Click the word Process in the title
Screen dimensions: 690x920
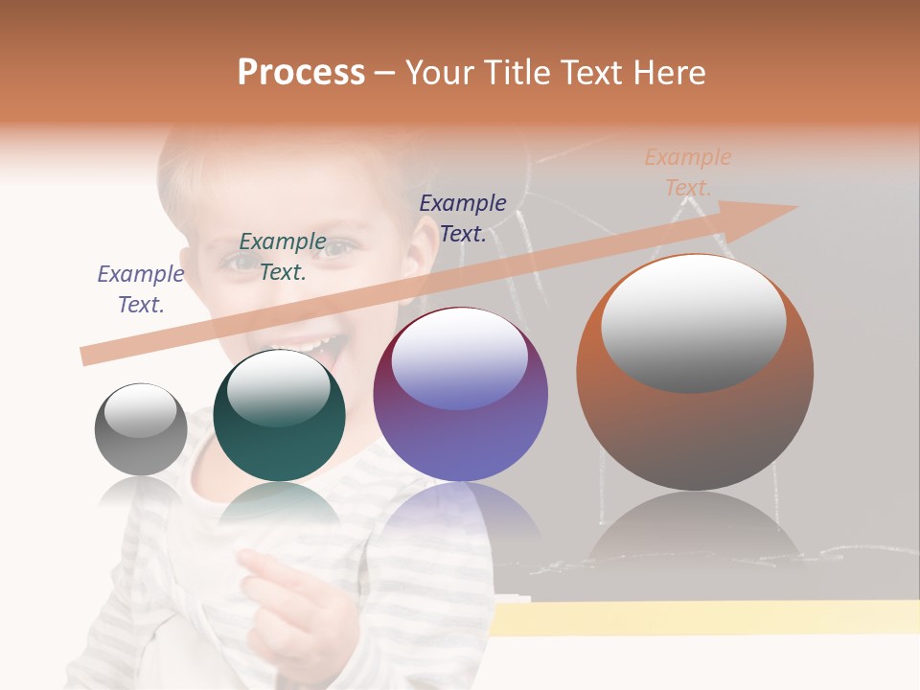tap(301, 73)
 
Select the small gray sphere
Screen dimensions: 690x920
tap(141, 429)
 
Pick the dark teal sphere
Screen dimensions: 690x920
tap(279, 416)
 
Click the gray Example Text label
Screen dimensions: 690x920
tap(141, 289)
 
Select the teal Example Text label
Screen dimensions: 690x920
tap(283, 257)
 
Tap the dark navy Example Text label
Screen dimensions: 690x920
tap(463, 218)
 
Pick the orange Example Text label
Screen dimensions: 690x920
tap(688, 172)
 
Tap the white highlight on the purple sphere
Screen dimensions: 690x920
tap(460, 359)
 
